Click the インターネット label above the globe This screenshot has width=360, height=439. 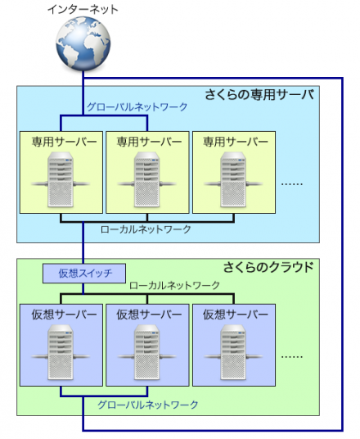pos(82,11)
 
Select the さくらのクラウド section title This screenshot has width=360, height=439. pos(268,267)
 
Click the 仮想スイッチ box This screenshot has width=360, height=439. pos(84,273)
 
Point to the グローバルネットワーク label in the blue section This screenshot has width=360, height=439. pos(137,106)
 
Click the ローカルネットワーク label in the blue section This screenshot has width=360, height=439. pos(145,229)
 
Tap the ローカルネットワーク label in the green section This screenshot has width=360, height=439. pos(174,286)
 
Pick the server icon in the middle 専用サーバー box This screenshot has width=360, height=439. pos(146,179)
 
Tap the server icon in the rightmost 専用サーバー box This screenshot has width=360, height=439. pos(231,179)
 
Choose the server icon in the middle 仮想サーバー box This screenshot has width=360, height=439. pos(146,351)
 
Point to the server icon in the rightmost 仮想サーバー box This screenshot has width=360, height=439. pos(231,351)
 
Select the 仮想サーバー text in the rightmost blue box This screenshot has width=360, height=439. pos(231,315)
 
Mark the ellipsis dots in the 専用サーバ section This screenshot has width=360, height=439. pos(292,184)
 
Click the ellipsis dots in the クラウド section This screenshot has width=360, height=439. pos(292,357)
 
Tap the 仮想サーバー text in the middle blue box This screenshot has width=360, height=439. pos(146,315)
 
